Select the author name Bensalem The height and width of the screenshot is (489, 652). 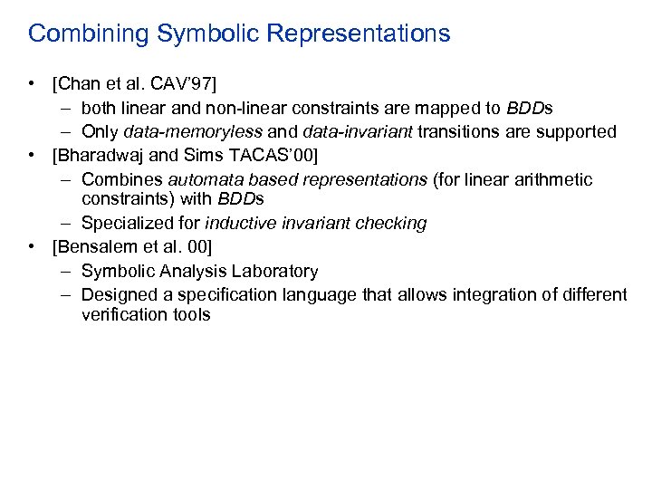click(96, 246)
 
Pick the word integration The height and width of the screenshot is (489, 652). click(467, 294)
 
